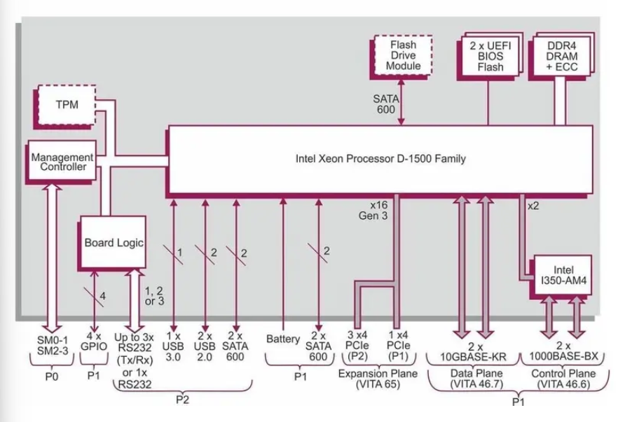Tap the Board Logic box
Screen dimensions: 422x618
click(114, 243)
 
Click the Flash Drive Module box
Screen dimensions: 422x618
click(404, 55)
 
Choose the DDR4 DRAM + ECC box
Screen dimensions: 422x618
click(563, 56)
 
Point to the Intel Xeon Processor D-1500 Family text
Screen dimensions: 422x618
click(380, 159)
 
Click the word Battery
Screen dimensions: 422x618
click(283, 339)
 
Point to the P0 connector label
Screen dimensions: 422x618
click(51, 375)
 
